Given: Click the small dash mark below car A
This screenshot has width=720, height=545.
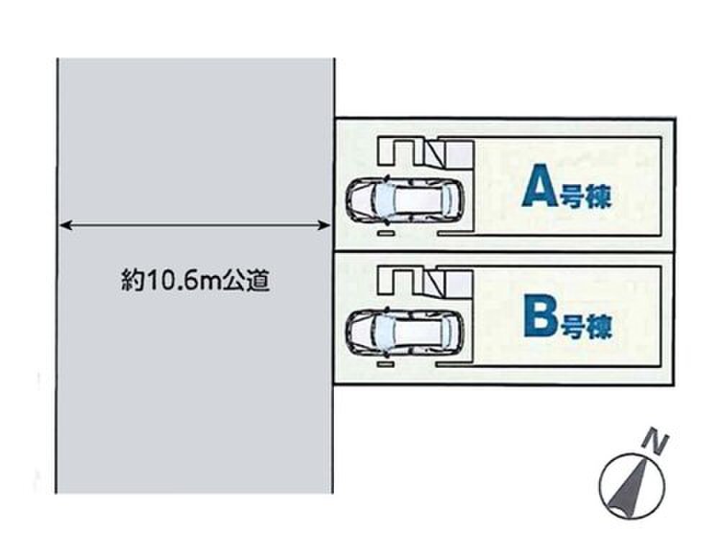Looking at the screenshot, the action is (x=386, y=234).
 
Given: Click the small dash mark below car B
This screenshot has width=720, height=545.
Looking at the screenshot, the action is (x=386, y=366).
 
